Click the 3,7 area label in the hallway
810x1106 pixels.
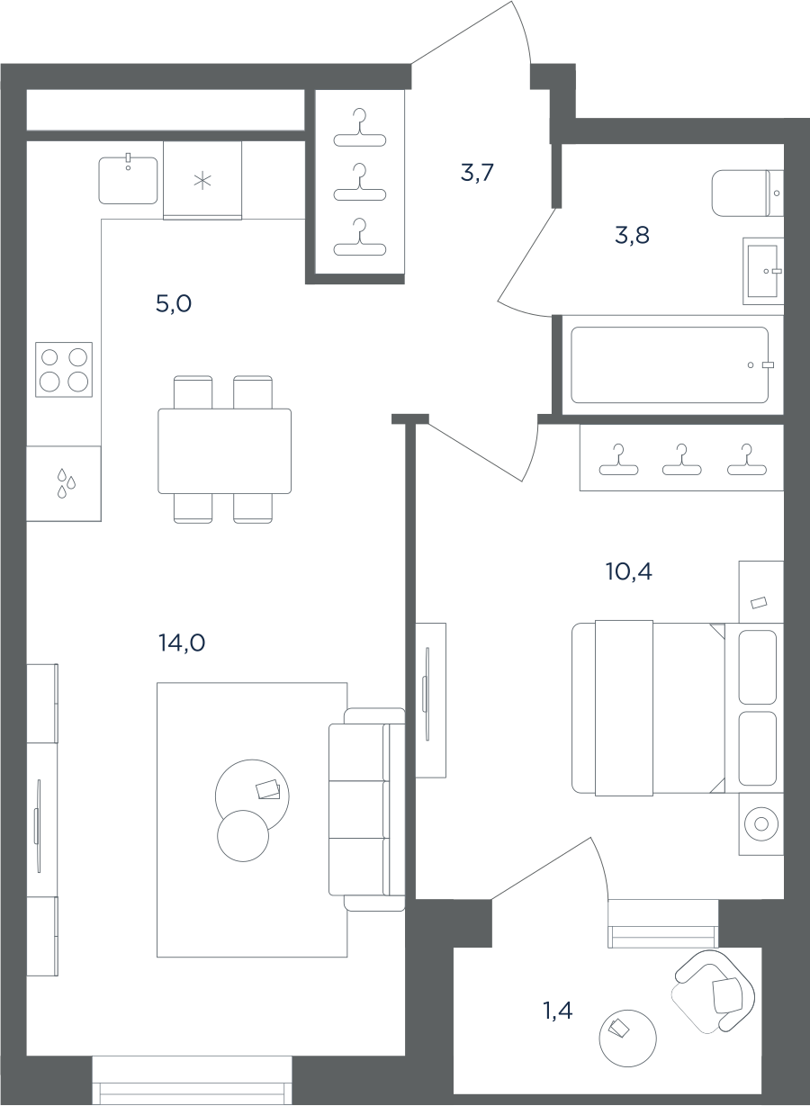477,173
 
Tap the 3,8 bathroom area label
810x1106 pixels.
632,235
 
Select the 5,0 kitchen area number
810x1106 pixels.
174,303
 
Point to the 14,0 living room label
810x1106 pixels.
182,643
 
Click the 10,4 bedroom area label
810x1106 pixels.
629,571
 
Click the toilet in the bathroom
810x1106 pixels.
747,193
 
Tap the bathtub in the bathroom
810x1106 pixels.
670,364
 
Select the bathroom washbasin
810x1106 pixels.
763,271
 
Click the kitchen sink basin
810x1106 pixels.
128,180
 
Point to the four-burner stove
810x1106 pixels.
64,369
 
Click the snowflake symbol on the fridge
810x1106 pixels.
202,181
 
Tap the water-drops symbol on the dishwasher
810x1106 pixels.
66,483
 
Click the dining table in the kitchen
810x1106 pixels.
224,451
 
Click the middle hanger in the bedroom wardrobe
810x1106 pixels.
681,460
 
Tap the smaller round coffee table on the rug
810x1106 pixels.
243,836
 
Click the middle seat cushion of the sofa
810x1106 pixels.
356,809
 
